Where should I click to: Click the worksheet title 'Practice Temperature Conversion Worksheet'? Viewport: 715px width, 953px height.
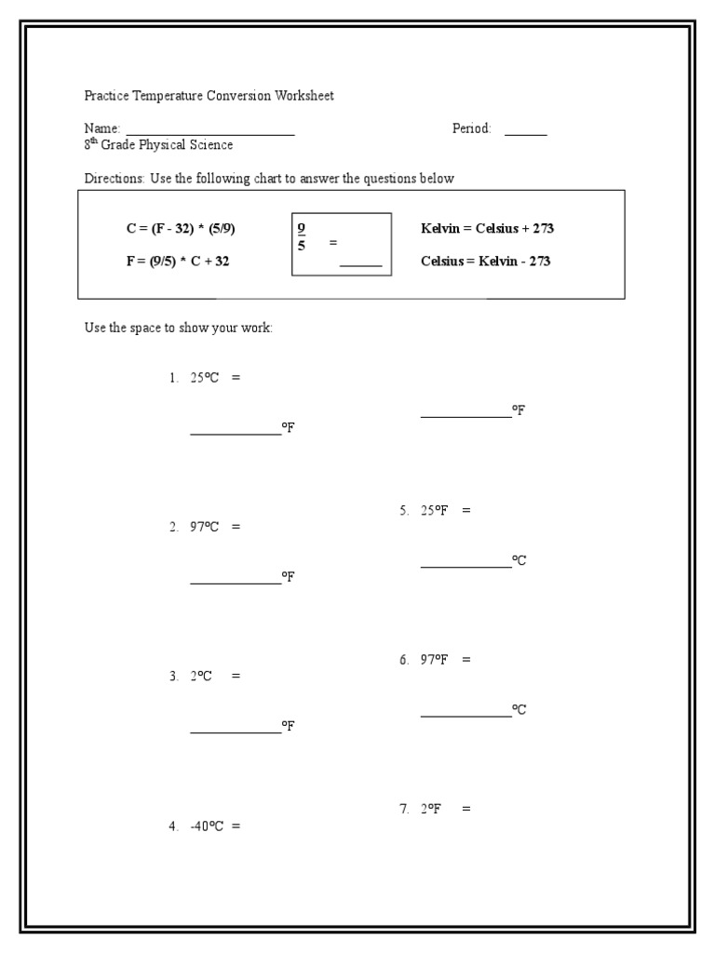[209, 96]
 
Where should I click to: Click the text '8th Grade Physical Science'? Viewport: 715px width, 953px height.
[158, 145]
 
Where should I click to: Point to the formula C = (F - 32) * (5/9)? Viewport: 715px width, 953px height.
[174, 228]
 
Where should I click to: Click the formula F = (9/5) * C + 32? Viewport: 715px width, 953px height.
[178, 262]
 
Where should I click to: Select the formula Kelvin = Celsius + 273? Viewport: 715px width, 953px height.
[488, 228]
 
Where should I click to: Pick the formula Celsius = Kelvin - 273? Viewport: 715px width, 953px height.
[485, 262]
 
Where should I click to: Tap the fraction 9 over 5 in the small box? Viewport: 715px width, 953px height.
[302, 236]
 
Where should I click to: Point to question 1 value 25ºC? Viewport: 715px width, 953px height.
[205, 379]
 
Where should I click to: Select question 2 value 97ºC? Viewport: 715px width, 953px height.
[205, 527]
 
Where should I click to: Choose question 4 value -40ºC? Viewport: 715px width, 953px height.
[207, 825]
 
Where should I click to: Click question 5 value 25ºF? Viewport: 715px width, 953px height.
[435, 511]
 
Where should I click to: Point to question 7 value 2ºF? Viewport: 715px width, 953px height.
[429, 810]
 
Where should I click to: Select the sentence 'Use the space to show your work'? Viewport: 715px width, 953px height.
[178, 329]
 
